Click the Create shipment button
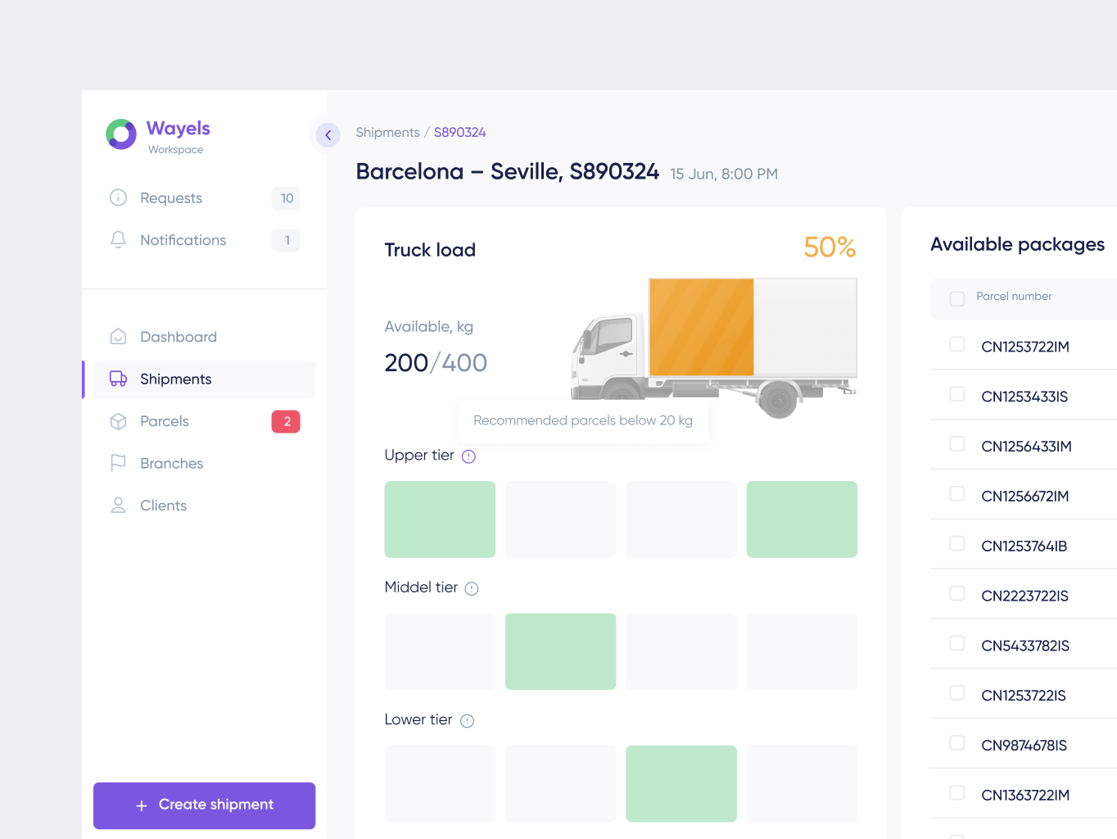pyautogui.click(x=204, y=805)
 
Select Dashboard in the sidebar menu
pyautogui.click(x=178, y=337)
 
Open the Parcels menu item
pyautogui.click(x=164, y=421)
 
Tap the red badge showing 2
pyautogui.click(x=286, y=421)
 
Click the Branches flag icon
pyautogui.click(x=118, y=463)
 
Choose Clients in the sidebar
pyautogui.click(x=163, y=506)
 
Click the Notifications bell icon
pyautogui.click(x=118, y=239)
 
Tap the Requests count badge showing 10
pyautogui.click(x=286, y=198)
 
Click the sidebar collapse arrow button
pyautogui.click(x=328, y=135)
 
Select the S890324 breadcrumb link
pyautogui.click(x=459, y=133)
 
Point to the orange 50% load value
pyautogui.click(x=829, y=247)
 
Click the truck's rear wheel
pyautogui.click(x=777, y=400)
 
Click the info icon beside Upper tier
pyautogui.click(x=468, y=456)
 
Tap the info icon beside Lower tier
pyautogui.click(x=467, y=721)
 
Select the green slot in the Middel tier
pyautogui.click(x=560, y=651)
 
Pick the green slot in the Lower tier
pyautogui.click(x=681, y=783)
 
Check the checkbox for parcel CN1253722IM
pyautogui.click(x=956, y=344)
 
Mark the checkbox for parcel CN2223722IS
pyautogui.click(x=956, y=593)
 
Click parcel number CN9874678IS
pyautogui.click(x=1024, y=746)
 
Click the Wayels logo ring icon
pyautogui.click(x=121, y=134)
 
